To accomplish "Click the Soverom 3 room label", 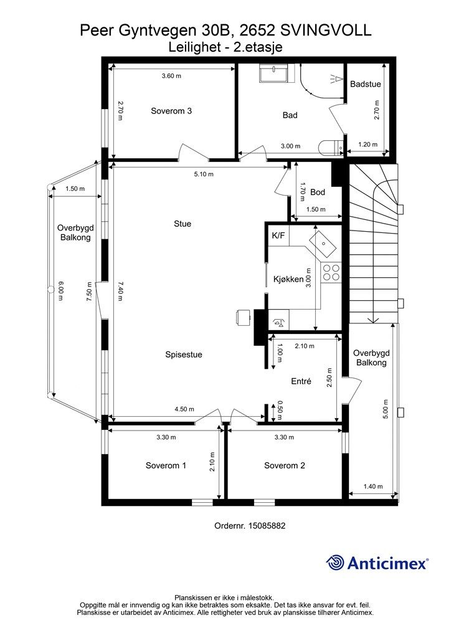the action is coord(171,111).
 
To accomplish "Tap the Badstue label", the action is coord(366,84).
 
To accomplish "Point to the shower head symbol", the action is coord(335,79).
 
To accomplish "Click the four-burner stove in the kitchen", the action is coord(331,272).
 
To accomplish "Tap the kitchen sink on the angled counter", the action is coord(324,244).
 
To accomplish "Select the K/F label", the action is coord(278,236).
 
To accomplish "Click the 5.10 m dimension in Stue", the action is coord(204,174).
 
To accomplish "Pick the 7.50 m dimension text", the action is coord(90,292).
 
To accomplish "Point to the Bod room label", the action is coord(318,192).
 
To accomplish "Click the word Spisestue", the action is coord(183,355).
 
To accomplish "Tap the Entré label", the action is coord(301,381).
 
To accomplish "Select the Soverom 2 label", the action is coord(285,465).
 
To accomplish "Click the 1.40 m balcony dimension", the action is coord(373,486).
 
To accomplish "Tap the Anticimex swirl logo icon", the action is coord(335,563).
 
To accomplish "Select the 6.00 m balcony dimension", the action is coord(60,290).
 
